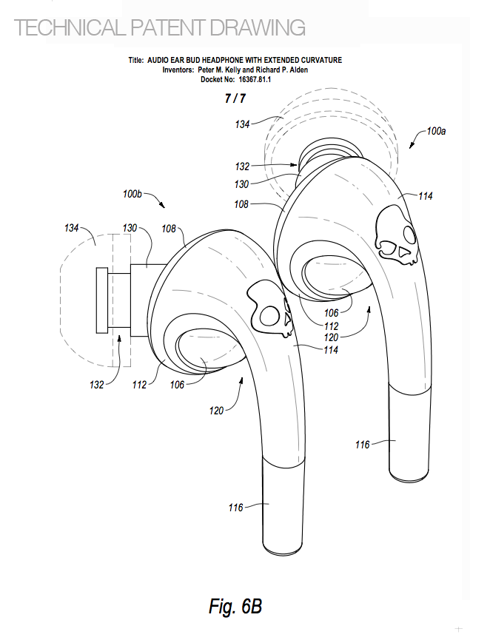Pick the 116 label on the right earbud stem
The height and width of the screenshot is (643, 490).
tap(363, 444)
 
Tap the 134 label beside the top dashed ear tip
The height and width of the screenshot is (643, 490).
tap(243, 124)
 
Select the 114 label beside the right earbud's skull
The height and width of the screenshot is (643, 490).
tap(423, 196)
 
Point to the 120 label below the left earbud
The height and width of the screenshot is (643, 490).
tap(217, 408)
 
